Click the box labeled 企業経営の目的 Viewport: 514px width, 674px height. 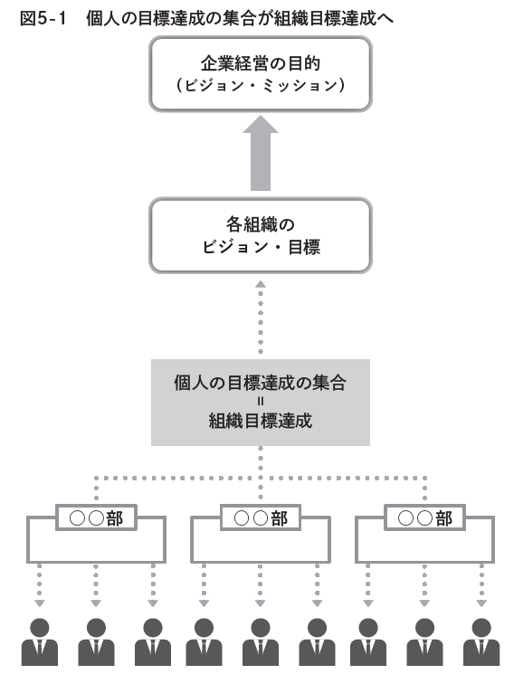260,76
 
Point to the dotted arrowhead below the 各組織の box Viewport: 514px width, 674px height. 260,285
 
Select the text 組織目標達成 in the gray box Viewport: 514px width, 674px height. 260,421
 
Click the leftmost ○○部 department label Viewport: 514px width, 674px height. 96,518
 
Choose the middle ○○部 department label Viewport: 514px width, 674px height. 260,518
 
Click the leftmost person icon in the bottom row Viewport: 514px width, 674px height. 40,644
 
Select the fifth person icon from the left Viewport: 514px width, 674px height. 260,644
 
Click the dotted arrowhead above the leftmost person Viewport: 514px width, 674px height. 40,603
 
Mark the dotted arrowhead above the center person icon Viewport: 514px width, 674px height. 260,603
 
